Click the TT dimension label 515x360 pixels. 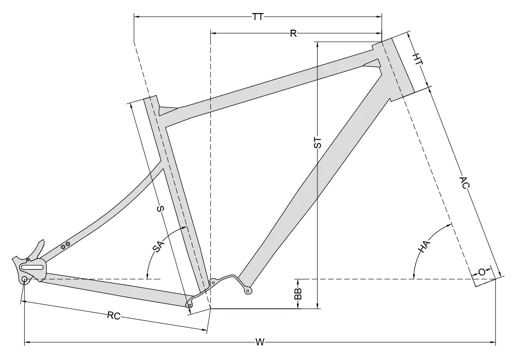click(x=258, y=17)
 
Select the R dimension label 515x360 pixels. click(x=293, y=33)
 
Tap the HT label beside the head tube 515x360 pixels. click(x=417, y=59)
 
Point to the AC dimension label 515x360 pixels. click(x=464, y=183)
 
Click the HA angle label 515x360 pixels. click(x=423, y=247)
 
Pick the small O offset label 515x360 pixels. click(x=482, y=273)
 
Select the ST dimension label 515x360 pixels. click(x=318, y=142)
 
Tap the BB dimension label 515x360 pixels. click(x=298, y=294)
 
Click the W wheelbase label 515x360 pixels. click(x=260, y=342)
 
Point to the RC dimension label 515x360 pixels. click(x=114, y=316)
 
